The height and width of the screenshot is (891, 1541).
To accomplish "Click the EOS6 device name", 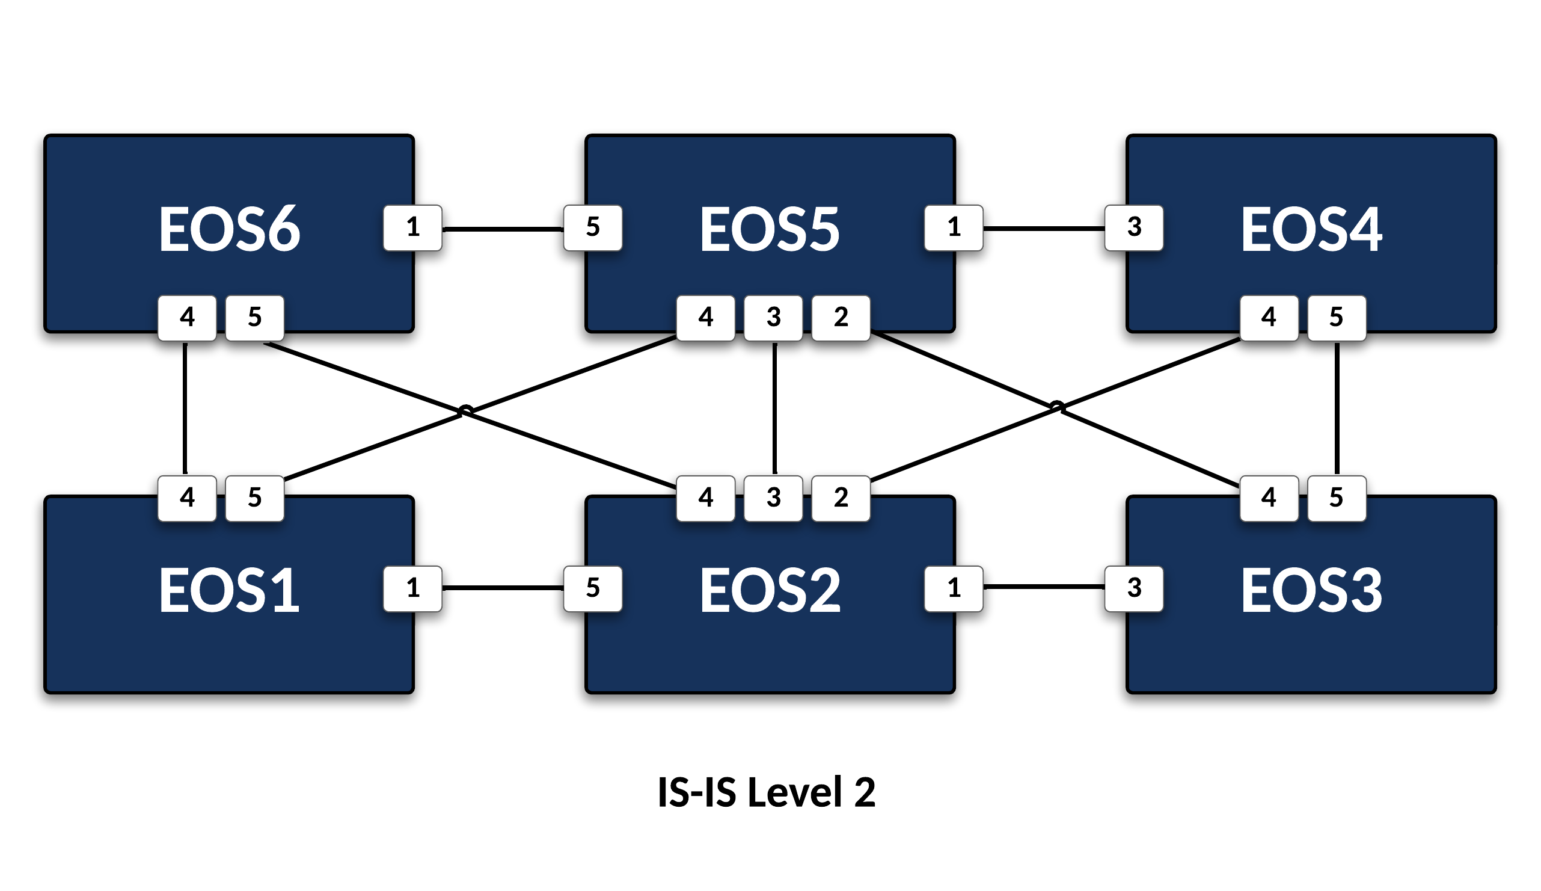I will (x=229, y=229).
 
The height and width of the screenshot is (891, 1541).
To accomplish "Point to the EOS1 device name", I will (x=229, y=590).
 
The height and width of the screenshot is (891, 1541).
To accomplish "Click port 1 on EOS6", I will (x=413, y=227).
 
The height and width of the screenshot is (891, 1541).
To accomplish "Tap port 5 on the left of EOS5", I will (x=593, y=227).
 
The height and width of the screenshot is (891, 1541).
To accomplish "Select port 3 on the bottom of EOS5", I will (x=773, y=318).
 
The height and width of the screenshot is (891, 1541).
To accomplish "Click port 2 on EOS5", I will (x=841, y=318).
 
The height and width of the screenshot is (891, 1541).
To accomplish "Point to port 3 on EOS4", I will (x=1134, y=227).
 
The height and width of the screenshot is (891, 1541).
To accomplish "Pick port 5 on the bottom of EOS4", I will (x=1336, y=318).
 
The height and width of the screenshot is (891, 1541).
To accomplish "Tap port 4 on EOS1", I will (x=187, y=498).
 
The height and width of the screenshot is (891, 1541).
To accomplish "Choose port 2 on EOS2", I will (x=841, y=498).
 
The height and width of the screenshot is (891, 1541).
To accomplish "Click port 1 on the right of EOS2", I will (x=954, y=588).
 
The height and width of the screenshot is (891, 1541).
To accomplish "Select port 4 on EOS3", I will (x=1269, y=498).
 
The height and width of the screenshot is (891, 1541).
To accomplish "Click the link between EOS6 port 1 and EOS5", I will (x=503, y=229).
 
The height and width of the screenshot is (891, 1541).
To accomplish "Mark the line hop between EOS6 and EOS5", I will (x=466, y=409).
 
